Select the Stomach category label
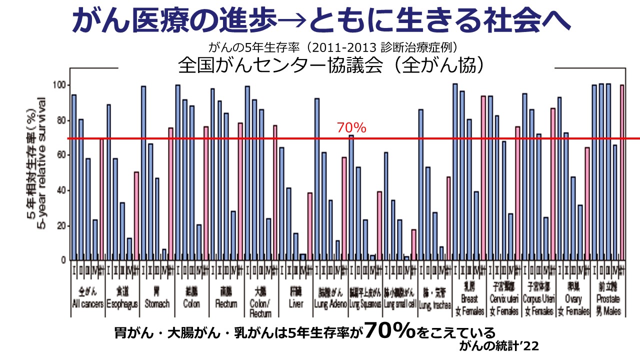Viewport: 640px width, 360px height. click(157, 299)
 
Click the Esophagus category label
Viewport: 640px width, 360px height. click(122, 299)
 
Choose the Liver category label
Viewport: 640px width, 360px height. click(295, 299)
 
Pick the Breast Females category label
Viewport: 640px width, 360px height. click(469, 303)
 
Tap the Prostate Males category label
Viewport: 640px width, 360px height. click(607, 303)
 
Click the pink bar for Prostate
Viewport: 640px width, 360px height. click(622, 172)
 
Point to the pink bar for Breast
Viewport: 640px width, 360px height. click(483, 177)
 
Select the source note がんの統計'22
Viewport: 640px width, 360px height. click(499, 346)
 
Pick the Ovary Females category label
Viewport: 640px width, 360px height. click(573, 303)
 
